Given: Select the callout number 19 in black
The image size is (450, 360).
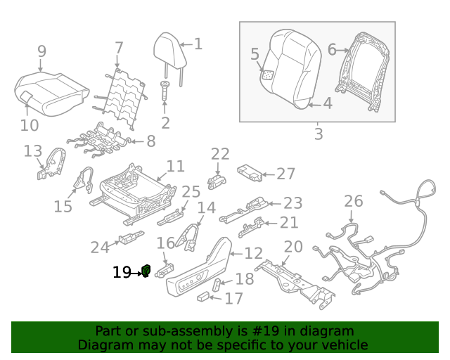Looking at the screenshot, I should (122, 272).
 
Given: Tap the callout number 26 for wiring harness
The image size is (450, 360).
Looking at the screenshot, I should (354, 202).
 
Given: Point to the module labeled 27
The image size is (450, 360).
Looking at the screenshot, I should (250, 171).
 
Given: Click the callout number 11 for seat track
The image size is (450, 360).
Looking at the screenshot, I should (175, 166).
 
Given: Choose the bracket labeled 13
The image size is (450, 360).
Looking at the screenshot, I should (49, 164).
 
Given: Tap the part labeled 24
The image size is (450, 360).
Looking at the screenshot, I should (131, 238).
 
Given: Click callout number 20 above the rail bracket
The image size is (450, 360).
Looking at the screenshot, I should (292, 247).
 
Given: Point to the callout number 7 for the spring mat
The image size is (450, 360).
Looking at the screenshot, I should (119, 49).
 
